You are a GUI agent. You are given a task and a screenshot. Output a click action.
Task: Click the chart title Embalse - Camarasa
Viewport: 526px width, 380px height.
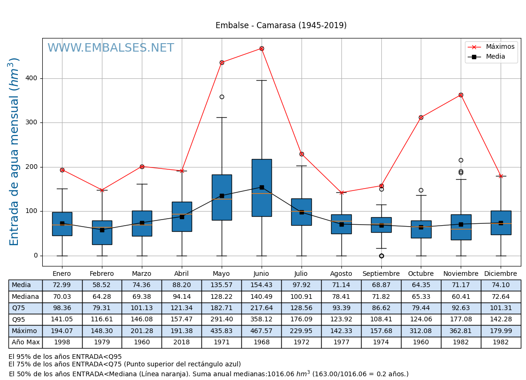click(x=281, y=26)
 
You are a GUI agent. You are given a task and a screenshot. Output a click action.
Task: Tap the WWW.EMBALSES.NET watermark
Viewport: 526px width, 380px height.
click(x=111, y=48)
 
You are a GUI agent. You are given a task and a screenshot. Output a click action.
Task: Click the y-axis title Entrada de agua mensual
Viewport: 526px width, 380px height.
click(x=14, y=152)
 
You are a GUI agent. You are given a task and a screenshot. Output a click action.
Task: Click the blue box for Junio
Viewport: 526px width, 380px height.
click(x=262, y=188)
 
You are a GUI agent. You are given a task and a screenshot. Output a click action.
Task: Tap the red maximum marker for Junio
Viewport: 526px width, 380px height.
click(x=262, y=48)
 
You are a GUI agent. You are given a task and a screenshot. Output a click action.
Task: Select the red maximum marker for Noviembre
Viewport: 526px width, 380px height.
click(x=461, y=95)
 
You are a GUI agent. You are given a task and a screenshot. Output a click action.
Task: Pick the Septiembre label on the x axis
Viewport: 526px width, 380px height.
click(x=381, y=274)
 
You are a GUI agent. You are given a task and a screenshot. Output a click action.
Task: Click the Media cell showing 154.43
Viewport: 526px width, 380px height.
click(x=261, y=285)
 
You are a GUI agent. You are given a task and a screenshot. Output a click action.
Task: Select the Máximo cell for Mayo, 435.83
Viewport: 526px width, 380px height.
click(x=221, y=331)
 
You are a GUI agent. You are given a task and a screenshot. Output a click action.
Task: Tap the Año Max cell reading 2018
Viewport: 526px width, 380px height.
click(x=181, y=342)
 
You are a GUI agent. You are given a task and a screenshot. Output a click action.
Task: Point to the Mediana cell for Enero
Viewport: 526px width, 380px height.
click(x=62, y=296)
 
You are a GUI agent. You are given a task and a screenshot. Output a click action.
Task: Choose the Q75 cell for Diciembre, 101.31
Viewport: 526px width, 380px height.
click(x=501, y=308)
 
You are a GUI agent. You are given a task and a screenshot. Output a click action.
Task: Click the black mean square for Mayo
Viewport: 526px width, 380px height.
click(x=222, y=196)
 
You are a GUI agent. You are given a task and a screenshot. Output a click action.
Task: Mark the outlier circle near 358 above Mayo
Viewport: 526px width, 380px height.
click(x=222, y=97)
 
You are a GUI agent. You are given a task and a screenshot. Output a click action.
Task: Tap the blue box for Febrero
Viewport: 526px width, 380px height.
click(x=102, y=232)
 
